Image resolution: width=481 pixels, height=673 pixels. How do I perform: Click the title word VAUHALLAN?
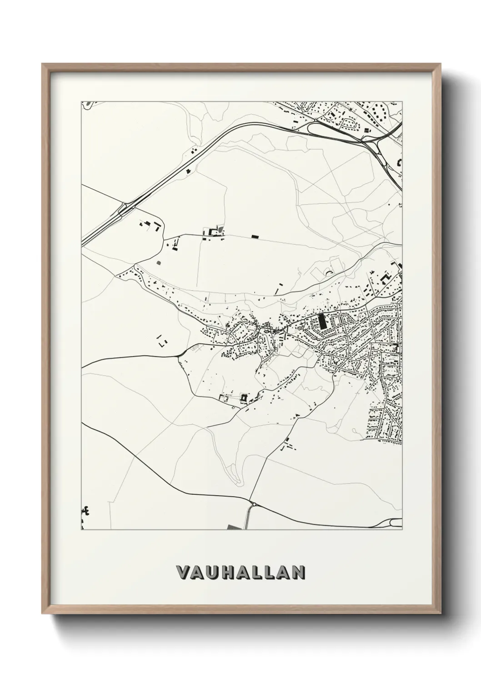pyautogui.click(x=240, y=573)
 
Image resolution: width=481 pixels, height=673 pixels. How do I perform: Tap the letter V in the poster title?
pyautogui.click(x=183, y=573)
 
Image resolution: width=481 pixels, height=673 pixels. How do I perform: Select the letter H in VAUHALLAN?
pyautogui.click(x=226, y=573)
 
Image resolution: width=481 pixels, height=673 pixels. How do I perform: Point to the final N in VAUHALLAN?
pyautogui.click(x=297, y=573)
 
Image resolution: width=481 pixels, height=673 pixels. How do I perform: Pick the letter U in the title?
pyautogui.click(x=211, y=573)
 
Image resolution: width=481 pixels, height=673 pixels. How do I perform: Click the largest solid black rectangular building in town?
pyautogui.click(x=322, y=321)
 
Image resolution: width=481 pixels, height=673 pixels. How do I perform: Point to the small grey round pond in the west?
pyautogui.click(x=158, y=262)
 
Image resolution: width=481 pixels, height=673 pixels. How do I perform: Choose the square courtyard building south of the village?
pyautogui.click(x=244, y=398)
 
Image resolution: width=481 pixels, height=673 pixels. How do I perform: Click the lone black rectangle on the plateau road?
pyautogui.click(x=255, y=236)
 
